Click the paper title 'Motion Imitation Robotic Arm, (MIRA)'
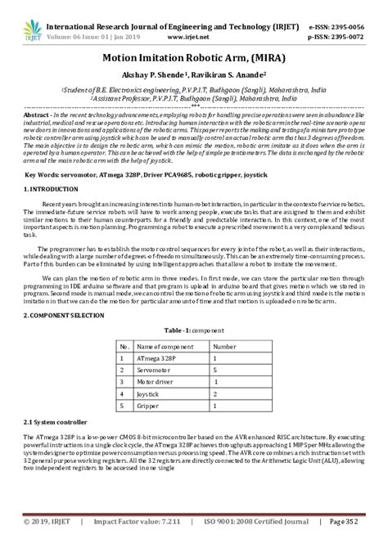[x=194, y=60]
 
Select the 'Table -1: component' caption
[x=193, y=329]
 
